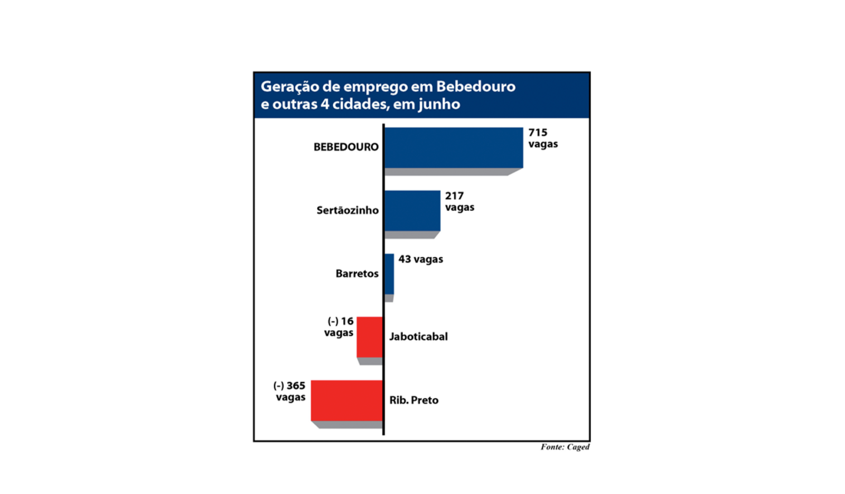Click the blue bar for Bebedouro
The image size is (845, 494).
(454, 147)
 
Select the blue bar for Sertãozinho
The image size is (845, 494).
(412, 210)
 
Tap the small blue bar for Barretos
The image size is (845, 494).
(389, 274)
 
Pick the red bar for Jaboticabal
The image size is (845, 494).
(370, 337)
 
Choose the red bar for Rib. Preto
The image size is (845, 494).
(346, 400)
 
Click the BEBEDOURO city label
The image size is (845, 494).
(346, 147)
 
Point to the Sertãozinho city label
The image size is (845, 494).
(348, 210)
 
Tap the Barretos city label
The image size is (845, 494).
(357, 274)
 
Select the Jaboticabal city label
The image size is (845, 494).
(418, 337)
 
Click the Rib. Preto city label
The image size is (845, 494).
(414, 400)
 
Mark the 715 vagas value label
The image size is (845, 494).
(543, 138)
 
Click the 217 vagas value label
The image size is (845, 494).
(459, 201)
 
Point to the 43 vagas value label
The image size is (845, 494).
(420, 259)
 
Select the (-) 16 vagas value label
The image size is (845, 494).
(340, 327)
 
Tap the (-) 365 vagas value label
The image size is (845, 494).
(290, 391)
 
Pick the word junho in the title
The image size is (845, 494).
(439, 104)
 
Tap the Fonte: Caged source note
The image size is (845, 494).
(565, 447)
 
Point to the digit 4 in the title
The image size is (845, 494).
(325, 104)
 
